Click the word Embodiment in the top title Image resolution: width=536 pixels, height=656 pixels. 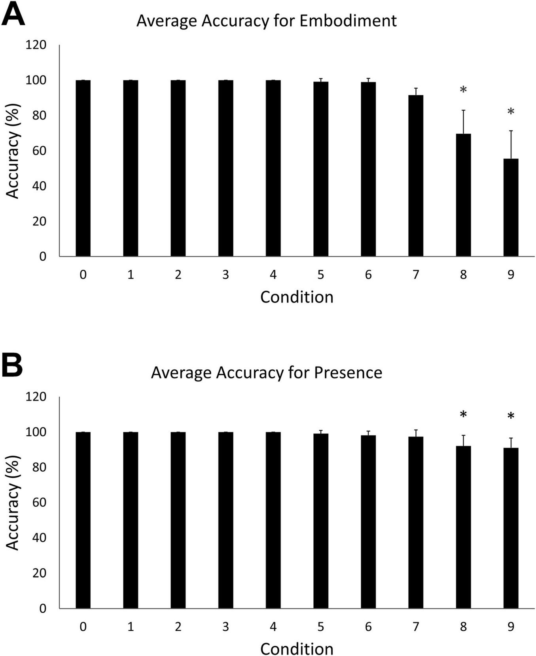[348, 21]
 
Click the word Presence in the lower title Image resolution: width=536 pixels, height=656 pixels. [348, 372]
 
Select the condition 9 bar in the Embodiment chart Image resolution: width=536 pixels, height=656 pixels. [511, 208]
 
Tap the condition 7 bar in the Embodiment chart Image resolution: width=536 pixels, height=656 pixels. [416, 176]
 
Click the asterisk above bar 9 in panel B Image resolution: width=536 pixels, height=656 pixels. [511, 416]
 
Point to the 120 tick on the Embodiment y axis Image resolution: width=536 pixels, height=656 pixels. [36, 45]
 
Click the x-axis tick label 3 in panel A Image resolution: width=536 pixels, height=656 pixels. [225, 274]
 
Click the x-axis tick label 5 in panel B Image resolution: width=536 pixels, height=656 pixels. [320, 626]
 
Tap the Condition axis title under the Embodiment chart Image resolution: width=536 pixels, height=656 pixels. [297, 297]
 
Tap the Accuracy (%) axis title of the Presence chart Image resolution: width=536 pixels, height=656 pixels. [13, 502]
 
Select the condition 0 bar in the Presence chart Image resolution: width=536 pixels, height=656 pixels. [83, 520]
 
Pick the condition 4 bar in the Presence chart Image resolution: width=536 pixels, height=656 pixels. [273, 520]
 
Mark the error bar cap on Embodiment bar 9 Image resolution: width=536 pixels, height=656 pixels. [511, 131]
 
